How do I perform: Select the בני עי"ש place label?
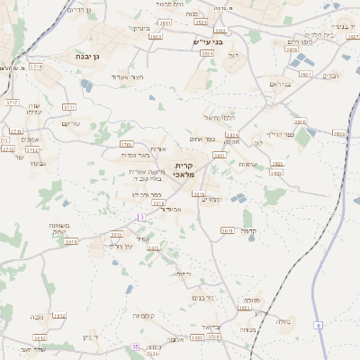[x=206, y=42]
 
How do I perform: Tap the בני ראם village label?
[x=282, y=85]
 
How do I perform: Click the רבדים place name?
[x=330, y=76]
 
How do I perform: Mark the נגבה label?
[x=38, y=316]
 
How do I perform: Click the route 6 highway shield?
[x=318, y=324]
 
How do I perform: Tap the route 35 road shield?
[x=135, y=346]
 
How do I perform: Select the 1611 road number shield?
[x=228, y=230]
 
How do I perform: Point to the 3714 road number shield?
[x=35, y=67]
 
